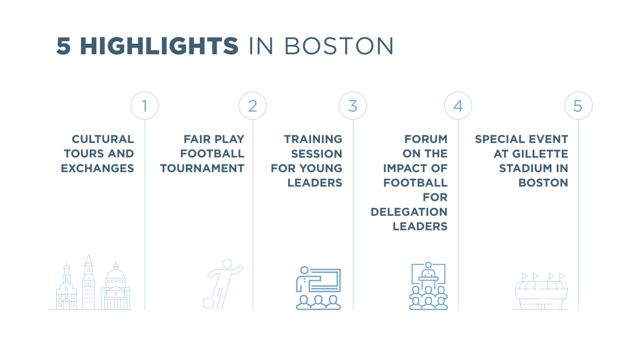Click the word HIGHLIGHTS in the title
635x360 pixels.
[159, 46]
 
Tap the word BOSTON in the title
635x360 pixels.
[339, 46]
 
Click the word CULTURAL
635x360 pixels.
[103, 139]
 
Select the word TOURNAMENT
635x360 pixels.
[202, 168]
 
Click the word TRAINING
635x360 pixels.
[313, 139]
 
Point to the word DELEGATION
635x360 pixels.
[409, 212]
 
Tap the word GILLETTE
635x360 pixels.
[540, 154]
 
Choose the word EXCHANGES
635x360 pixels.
[97, 168]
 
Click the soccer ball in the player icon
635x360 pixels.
[208, 302]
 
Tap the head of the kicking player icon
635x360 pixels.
[227, 264]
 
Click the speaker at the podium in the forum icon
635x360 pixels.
[428, 271]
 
